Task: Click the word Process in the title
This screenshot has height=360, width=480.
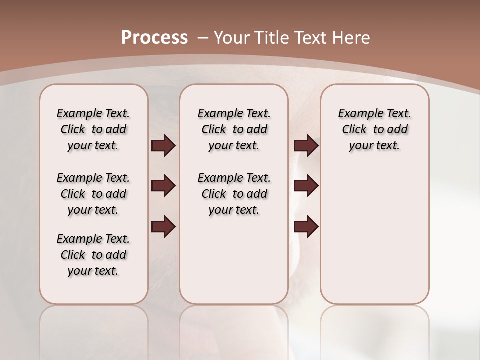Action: (x=154, y=38)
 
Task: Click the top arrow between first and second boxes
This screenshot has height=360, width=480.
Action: (x=163, y=146)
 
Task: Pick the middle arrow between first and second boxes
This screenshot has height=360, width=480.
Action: (x=163, y=186)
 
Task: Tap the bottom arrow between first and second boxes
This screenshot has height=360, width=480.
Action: (x=163, y=227)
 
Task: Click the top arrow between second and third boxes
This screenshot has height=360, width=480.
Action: (x=306, y=146)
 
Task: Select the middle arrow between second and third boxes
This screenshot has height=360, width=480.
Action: (x=306, y=186)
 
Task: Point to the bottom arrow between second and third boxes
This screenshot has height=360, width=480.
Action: (x=306, y=227)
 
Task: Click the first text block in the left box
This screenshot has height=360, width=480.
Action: (x=93, y=129)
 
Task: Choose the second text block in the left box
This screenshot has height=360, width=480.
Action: (x=93, y=194)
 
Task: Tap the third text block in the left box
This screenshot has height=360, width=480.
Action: (x=93, y=255)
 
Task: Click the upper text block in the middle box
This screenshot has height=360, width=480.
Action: (x=234, y=129)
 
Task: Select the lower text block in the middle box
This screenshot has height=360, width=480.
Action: (x=234, y=194)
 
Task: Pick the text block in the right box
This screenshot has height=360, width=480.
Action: (x=374, y=129)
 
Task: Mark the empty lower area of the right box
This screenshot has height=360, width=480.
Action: (x=374, y=235)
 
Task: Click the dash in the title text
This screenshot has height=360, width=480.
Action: (x=202, y=38)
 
